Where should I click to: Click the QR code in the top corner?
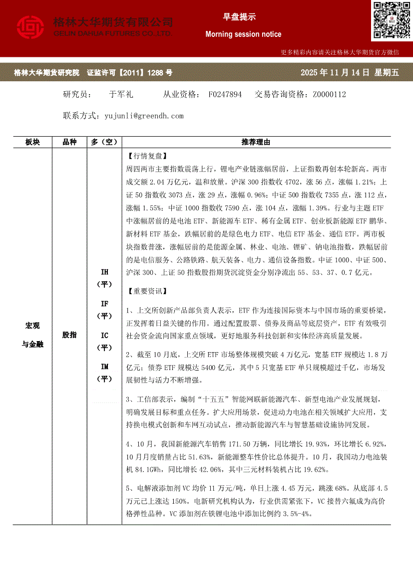pyautogui.click(x=392, y=20)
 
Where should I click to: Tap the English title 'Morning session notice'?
pyautogui.click(x=243, y=34)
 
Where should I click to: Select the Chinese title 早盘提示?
pyautogui.click(x=239, y=17)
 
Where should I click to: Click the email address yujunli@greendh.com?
pyautogui.click(x=144, y=116)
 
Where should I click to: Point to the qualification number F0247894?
pyautogui.click(x=225, y=94)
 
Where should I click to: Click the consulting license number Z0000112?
pyautogui.click(x=329, y=94)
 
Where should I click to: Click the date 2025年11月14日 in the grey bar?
pyautogui.click(x=335, y=73)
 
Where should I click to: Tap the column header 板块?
pyautogui.click(x=32, y=142)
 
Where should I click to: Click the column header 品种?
pyautogui.click(x=69, y=142)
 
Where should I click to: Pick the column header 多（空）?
pyautogui.click(x=104, y=142)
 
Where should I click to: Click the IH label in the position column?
pyautogui.click(x=104, y=272)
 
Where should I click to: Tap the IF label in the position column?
pyautogui.click(x=104, y=304)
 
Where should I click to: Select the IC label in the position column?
pyautogui.click(x=104, y=335)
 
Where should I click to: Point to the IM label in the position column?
pyautogui.click(x=104, y=367)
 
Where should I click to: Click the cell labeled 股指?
pyautogui.click(x=69, y=335)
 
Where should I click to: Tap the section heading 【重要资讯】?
pyautogui.click(x=148, y=291)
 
